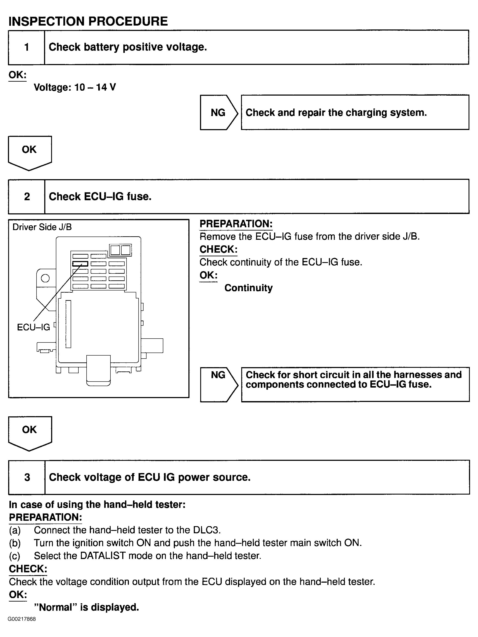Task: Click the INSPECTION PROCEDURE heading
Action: [x=88, y=21]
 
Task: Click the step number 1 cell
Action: [x=26, y=47]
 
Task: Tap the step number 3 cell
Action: [x=27, y=477]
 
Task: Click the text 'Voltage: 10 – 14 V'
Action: [x=75, y=87]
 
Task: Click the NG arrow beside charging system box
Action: [x=219, y=112]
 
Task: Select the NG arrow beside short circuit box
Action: [x=219, y=384]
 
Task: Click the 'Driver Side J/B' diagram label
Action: [x=42, y=227]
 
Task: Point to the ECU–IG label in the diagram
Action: [x=33, y=327]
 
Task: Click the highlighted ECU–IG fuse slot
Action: [x=80, y=264]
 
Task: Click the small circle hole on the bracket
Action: [x=45, y=278]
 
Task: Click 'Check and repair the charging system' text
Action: [x=336, y=113]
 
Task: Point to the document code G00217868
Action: [x=22, y=627]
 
